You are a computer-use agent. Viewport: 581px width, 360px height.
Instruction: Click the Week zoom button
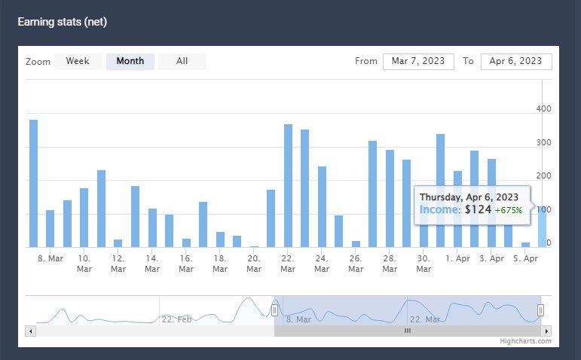pos(78,61)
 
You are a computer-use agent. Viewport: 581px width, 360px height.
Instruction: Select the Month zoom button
pos(130,61)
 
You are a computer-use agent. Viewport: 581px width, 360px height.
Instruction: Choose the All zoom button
pos(182,61)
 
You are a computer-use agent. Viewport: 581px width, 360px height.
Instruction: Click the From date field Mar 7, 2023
pos(418,61)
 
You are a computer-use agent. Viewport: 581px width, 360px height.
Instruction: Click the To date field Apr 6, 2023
pos(516,61)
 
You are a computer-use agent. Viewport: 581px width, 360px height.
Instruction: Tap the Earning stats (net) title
pos(63,22)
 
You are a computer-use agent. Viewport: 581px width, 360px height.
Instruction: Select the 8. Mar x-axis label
pos(50,258)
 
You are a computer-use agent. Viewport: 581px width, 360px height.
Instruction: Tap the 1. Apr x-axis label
pos(457,258)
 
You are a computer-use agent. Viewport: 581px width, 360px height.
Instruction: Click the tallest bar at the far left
pos(33,183)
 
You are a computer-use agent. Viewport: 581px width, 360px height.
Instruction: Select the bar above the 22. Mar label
pos(288,185)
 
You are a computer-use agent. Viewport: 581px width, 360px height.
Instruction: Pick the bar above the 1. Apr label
pos(457,209)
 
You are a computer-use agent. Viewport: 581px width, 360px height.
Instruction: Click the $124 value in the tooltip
pos(479,209)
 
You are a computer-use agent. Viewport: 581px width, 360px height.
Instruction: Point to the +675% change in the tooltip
pos(510,209)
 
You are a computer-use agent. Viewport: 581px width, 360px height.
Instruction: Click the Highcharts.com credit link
pos(525,341)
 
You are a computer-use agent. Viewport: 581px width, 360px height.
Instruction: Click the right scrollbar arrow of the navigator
pos(546,331)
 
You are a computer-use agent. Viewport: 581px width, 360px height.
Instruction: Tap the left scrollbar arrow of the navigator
pos(30,331)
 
